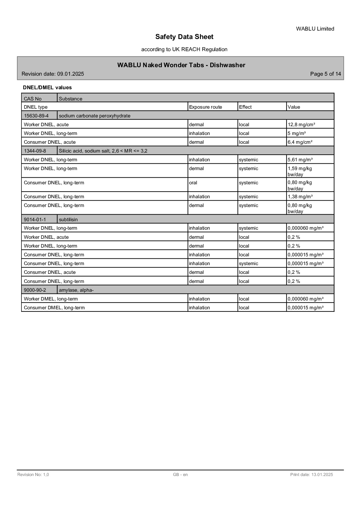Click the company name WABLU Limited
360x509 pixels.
(x=315, y=29)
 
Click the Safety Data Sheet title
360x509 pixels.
(x=184, y=37)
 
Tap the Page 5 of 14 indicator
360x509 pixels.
(x=326, y=74)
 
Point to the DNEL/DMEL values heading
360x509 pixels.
(x=47, y=87)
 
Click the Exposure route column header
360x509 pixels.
(x=205, y=107)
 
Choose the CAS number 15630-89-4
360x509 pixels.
(x=36, y=116)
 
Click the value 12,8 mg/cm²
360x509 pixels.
(x=301, y=124)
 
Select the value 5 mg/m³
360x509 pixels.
(x=296, y=133)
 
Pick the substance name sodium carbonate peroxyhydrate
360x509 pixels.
(x=94, y=116)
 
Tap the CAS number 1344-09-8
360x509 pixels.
(x=35, y=151)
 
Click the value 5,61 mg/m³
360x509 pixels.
(x=300, y=159)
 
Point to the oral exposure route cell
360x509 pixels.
(x=193, y=183)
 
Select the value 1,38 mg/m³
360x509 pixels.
(x=300, y=196)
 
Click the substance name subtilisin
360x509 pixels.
(x=68, y=219)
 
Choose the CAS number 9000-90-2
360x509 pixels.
(x=35, y=290)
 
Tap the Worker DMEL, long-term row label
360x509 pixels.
(x=51, y=299)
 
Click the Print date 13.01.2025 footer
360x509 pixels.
(x=312, y=475)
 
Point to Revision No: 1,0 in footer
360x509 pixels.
(x=33, y=475)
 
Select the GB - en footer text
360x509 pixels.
(x=180, y=475)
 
